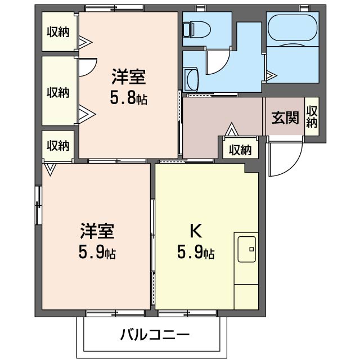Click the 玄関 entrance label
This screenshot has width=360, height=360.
pyautogui.click(x=285, y=118)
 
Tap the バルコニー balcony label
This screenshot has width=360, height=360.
pyautogui.click(x=155, y=335)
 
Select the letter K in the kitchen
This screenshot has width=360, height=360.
pyautogui.click(x=196, y=231)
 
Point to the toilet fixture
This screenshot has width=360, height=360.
pyautogui.click(x=197, y=30)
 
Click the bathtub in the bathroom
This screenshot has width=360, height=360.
pyautogui.click(x=292, y=29)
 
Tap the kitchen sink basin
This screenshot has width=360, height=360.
pyautogui.click(x=246, y=249)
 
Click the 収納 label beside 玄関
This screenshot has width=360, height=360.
pyautogui.click(x=312, y=116)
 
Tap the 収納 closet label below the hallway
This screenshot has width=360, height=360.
pyautogui.click(x=240, y=150)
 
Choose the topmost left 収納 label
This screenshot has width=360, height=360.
pyautogui.click(x=58, y=31)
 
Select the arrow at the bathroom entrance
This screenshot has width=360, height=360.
pyautogui.click(x=272, y=75)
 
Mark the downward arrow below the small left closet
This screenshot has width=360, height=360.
pyautogui.click(x=50, y=169)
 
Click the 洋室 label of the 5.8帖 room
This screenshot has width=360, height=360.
pyautogui.click(x=129, y=76)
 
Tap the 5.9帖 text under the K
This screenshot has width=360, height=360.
pyautogui.click(x=196, y=253)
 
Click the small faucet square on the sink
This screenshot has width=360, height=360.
pyautogui.click(x=251, y=249)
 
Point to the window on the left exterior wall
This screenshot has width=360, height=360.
pyautogui.click(x=38, y=206)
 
